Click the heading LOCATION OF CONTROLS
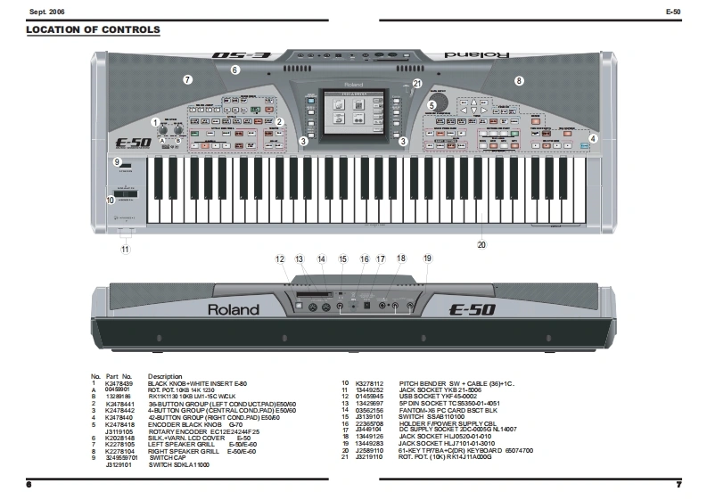pos(94,29)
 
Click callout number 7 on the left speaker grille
pos(187,79)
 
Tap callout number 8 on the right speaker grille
pos(519,80)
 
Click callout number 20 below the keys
pos(481,244)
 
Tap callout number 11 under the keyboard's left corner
pos(125,249)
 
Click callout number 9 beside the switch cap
pos(117,161)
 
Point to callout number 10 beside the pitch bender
pos(111,201)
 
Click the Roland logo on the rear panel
pos(234,309)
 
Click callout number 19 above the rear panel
pos(427,258)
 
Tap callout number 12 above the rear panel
pos(280,259)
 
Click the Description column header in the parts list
pos(165,376)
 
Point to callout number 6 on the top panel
pos(235,70)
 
